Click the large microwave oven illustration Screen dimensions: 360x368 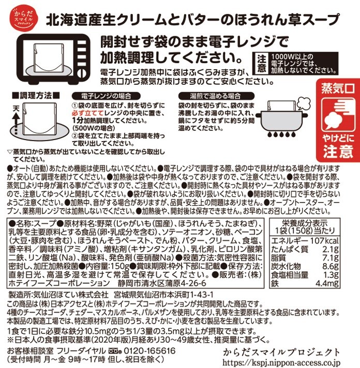point(54,59)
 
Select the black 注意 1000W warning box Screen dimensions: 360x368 point(295,64)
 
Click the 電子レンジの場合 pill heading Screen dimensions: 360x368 point(106,96)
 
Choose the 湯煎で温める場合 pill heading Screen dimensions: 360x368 point(216,96)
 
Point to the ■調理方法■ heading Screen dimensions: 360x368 point(36,96)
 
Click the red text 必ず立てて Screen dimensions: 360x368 point(87,113)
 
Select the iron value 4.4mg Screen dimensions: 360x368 point(327,283)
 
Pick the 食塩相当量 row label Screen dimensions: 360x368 point(290,274)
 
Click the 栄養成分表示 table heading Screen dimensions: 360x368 point(305,223)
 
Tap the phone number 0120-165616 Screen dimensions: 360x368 point(149,351)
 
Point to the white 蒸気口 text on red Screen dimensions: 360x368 point(338,89)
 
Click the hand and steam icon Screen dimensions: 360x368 point(338,115)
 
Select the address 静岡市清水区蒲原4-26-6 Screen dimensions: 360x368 point(162,283)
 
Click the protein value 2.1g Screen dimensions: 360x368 point(331,249)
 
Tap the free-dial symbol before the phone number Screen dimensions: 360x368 point(115,351)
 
